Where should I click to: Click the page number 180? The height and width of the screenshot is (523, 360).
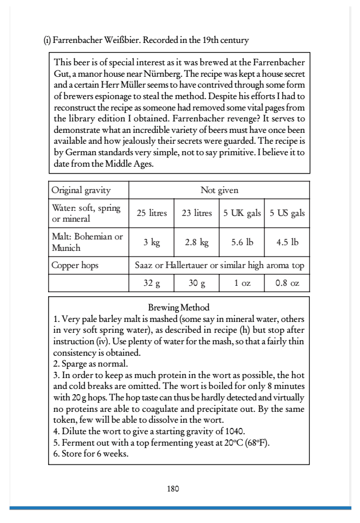coord(173,489)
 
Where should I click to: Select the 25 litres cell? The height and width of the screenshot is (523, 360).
coord(151,214)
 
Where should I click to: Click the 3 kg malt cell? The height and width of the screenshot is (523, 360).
coord(151,242)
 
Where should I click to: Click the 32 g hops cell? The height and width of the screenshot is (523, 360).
coord(151,283)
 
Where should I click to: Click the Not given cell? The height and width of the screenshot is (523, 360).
coord(219,190)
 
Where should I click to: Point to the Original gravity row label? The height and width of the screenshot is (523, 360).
coord(81,190)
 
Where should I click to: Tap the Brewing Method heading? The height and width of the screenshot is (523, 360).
coord(179,308)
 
